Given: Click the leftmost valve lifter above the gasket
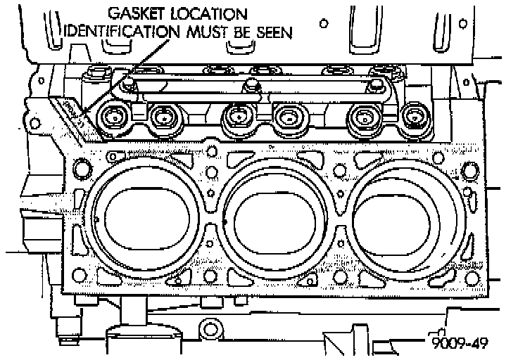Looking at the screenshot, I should (x=115, y=116).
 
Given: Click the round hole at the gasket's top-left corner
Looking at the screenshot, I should (x=81, y=167).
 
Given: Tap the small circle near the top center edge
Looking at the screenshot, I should (x=323, y=23).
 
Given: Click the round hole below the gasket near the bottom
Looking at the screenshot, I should (x=209, y=328).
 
